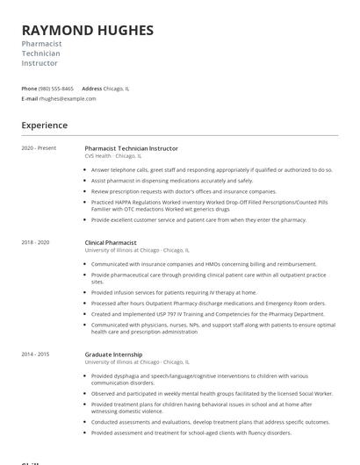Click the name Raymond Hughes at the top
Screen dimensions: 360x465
[x=87, y=31]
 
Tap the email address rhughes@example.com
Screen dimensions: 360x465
[x=68, y=99]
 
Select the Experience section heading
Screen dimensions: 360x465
[x=44, y=125]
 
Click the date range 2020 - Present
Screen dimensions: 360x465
[x=39, y=148]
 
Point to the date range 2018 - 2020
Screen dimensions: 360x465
[x=35, y=241]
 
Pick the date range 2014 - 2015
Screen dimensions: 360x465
[x=35, y=354]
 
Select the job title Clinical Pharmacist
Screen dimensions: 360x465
[x=111, y=241]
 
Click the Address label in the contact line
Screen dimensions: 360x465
[x=91, y=89]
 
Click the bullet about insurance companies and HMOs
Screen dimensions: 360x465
[x=204, y=263]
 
